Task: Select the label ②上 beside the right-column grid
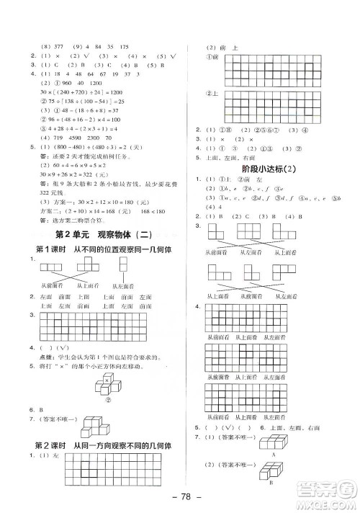[212, 94]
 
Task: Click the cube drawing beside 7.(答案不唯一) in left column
[93, 423]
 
